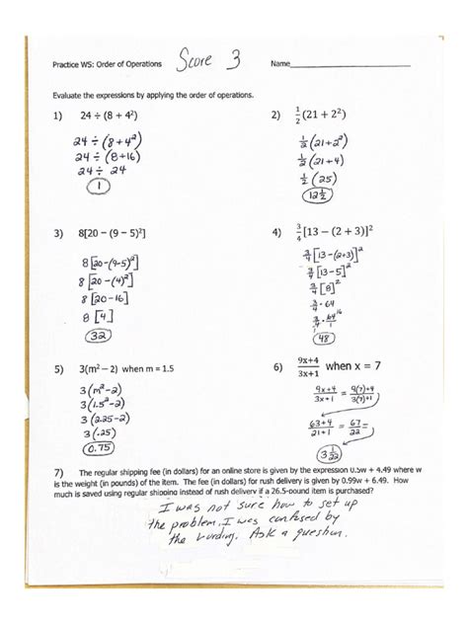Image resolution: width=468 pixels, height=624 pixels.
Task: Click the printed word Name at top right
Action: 280,65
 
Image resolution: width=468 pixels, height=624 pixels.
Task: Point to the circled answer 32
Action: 95,334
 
